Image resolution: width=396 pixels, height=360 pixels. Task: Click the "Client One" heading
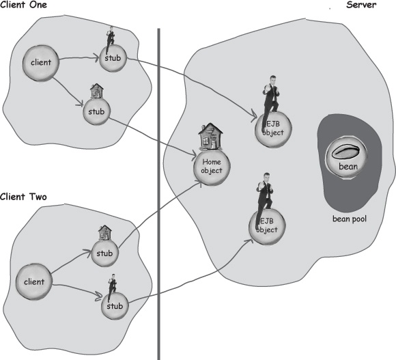pyautogui.click(x=23, y=5)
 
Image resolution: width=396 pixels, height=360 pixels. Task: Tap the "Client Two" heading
pyautogui.click(x=23, y=197)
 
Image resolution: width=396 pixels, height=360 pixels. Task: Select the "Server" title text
pyautogui.click(x=361, y=5)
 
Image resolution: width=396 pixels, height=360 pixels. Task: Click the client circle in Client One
pyautogui.click(x=41, y=63)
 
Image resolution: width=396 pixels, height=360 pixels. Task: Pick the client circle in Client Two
pyautogui.click(x=34, y=281)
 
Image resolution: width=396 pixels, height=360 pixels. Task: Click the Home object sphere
pyautogui.click(x=212, y=167)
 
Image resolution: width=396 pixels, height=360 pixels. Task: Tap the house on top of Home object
pyautogui.click(x=210, y=137)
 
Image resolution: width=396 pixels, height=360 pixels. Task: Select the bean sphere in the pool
pyautogui.click(x=348, y=158)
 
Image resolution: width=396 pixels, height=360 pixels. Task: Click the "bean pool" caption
pyautogui.click(x=350, y=219)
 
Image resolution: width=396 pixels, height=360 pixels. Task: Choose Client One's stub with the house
pyautogui.click(x=96, y=111)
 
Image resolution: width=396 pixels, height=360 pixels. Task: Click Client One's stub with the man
pyautogui.click(x=113, y=58)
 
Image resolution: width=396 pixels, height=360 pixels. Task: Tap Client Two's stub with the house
pyautogui.click(x=104, y=253)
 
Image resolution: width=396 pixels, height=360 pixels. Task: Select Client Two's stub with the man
pyautogui.click(x=115, y=306)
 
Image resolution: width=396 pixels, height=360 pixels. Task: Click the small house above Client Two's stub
pyautogui.click(x=105, y=233)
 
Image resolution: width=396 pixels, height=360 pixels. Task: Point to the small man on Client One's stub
pyautogui.click(x=110, y=40)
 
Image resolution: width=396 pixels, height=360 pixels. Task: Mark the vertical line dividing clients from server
pyautogui.click(x=159, y=194)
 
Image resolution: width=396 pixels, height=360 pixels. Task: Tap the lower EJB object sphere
pyautogui.click(x=267, y=226)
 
